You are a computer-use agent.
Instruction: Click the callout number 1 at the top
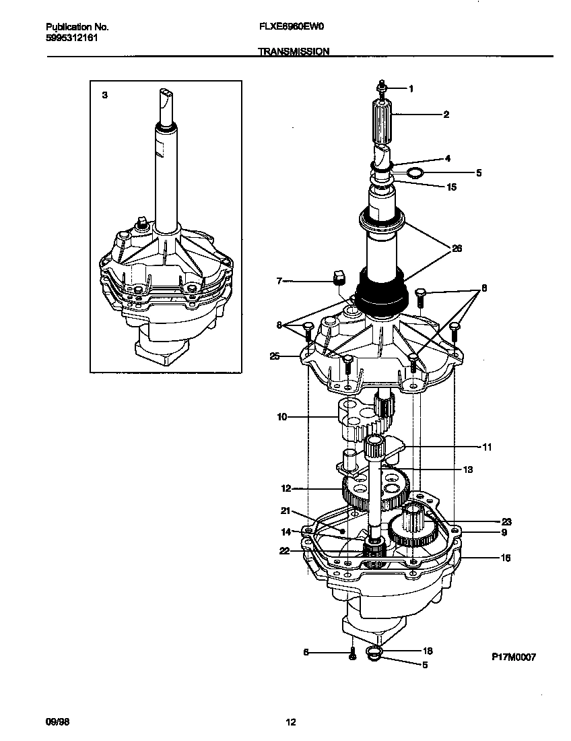411,89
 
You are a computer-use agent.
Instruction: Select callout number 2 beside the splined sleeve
446,115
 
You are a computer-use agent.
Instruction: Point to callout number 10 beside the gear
281,417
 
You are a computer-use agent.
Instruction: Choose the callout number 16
506,558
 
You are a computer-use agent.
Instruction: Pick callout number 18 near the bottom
428,651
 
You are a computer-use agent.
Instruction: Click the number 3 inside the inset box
104,96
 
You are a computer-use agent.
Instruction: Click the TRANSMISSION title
294,51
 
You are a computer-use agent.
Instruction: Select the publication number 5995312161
71,39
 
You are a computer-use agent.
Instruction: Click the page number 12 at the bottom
290,723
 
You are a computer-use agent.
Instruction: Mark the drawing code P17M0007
512,657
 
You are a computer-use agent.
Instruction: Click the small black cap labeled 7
339,276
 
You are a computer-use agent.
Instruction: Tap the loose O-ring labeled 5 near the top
416,173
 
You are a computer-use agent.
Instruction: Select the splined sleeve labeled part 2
381,123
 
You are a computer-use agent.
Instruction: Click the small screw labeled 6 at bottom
351,654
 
